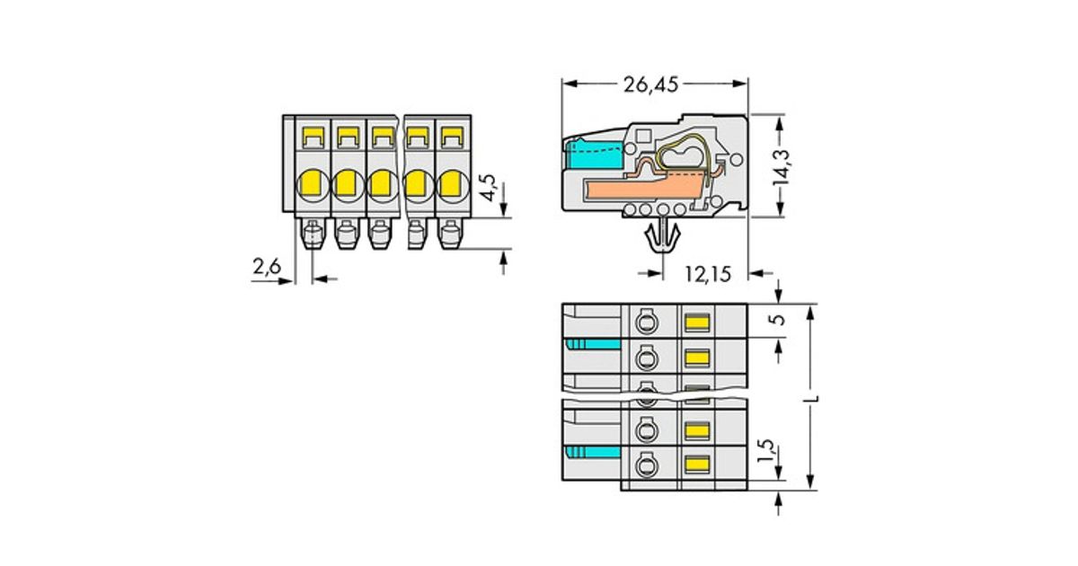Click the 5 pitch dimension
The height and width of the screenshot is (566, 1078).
click(779, 320)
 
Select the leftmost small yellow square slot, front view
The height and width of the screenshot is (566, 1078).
click(314, 137)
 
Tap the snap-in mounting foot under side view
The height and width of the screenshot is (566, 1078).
click(662, 237)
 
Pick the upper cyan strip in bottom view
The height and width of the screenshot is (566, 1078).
click(592, 346)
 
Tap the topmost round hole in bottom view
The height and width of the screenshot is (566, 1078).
click(643, 321)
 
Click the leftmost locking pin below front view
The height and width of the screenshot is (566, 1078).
click(313, 236)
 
